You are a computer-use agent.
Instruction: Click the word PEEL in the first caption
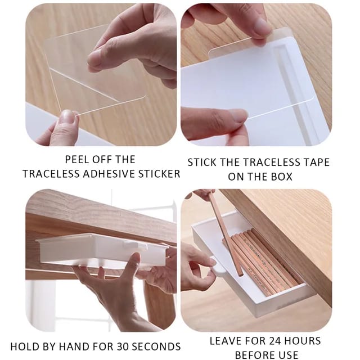tap(77, 159)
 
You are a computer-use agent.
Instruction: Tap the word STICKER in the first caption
tap(159, 174)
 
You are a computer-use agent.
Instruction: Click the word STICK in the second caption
tap(205, 162)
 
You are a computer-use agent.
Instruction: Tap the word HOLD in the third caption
tap(26, 346)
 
